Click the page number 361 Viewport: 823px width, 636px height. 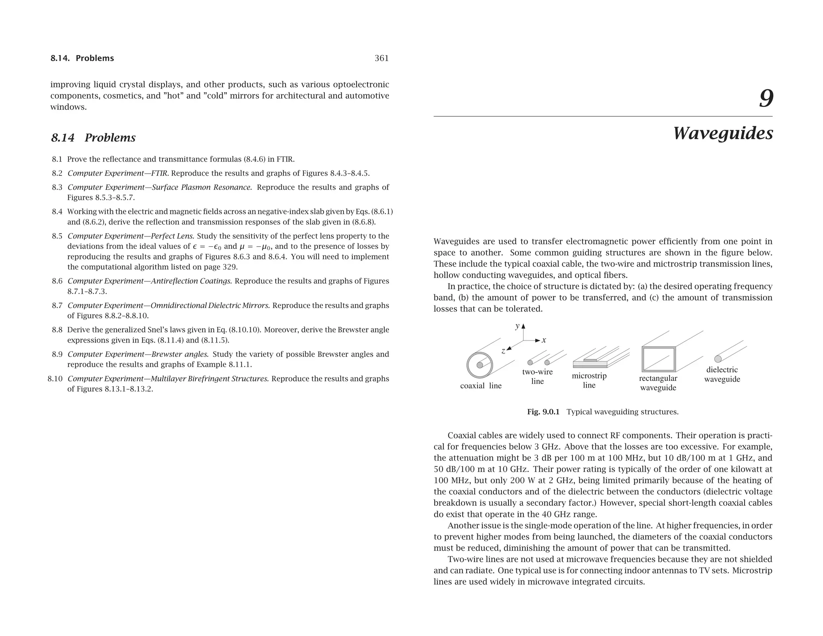[x=381, y=58]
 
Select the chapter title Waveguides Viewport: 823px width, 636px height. [x=723, y=133]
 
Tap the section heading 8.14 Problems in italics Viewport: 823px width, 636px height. [x=93, y=138]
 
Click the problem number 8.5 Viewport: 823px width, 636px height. [x=57, y=236]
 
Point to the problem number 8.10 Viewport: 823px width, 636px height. [x=55, y=379]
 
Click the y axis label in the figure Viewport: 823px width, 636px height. [x=518, y=326]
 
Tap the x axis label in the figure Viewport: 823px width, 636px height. [x=544, y=340]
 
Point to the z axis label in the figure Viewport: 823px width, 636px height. [x=503, y=351]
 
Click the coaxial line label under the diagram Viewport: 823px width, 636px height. [x=481, y=386]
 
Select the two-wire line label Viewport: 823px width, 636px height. [x=537, y=377]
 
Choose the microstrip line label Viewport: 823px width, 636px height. [x=589, y=380]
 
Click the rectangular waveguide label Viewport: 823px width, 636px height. [x=658, y=383]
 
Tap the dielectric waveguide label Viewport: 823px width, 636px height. [x=722, y=374]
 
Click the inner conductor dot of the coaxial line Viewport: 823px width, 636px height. [x=480, y=365]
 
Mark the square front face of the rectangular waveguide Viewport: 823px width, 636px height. [x=658, y=359]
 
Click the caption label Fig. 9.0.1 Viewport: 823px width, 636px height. [x=543, y=412]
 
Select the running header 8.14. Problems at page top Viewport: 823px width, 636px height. [x=82, y=58]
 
